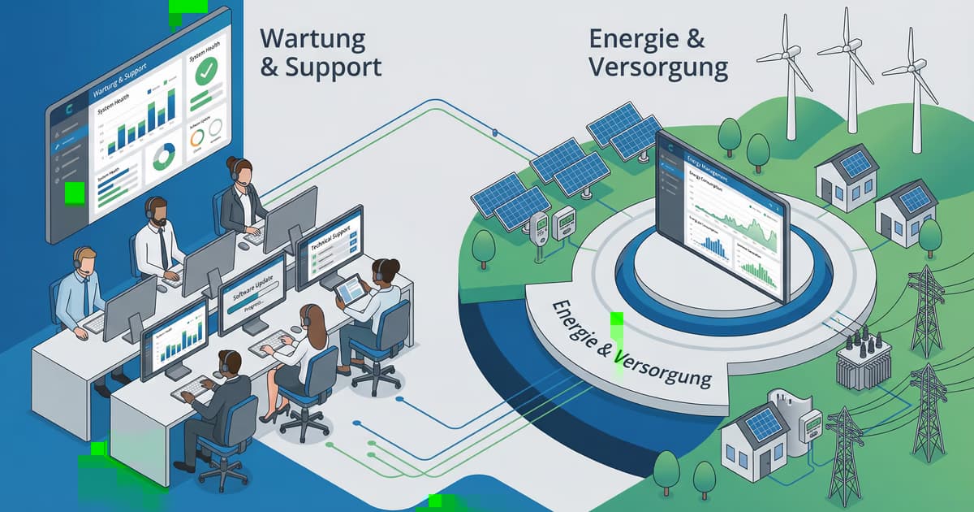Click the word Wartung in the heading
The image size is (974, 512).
point(313,37)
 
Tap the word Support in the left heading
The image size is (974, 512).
point(333,67)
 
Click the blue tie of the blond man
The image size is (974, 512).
point(85,297)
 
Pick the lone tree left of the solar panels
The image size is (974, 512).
point(484,246)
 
